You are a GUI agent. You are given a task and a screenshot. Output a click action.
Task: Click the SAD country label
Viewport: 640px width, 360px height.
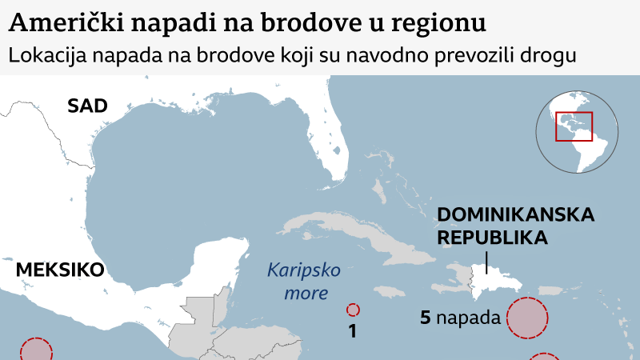coord(87,106)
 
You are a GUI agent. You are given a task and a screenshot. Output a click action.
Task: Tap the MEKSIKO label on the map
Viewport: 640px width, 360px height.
coord(60,270)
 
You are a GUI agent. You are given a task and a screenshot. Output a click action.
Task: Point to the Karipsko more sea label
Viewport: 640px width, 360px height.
coord(298,282)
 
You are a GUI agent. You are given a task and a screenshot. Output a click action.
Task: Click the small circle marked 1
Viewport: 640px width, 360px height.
coord(353,310)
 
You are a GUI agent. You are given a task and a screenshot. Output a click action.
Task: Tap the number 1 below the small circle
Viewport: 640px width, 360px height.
coord(352,330)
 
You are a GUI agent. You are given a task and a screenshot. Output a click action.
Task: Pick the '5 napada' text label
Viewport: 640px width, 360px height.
coord(460,318)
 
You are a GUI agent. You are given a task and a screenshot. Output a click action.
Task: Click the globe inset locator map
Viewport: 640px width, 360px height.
coord(578,132)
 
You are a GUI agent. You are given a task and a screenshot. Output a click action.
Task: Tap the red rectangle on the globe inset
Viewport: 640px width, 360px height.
coord(574,126)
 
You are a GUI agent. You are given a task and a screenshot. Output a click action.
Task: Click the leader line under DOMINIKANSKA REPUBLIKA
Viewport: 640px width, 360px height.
coord(487,262)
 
